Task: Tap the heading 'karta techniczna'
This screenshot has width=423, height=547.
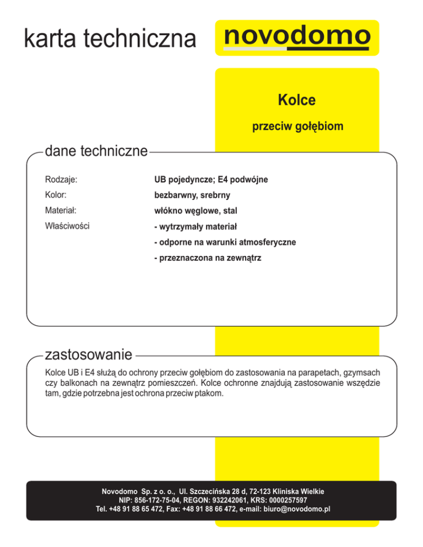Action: tap(110, 39)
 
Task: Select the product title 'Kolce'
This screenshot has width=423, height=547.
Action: tap(296, 101)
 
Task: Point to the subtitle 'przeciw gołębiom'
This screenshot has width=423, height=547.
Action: tap(297, 127)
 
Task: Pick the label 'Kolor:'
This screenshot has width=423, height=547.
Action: tap(56, 195)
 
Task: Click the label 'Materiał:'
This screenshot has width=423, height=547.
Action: tap(60, 210)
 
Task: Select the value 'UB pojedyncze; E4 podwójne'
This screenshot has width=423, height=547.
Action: tap(211, 179)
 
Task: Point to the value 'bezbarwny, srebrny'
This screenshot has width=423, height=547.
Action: tap(192, 195)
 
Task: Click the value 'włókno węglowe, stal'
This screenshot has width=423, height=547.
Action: tap(196, 211)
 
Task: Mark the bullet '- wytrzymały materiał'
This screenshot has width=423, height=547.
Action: tap(196, 226)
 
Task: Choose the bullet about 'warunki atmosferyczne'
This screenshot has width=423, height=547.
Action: tap(225, 242)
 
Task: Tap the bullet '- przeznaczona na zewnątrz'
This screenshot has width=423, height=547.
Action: tap(208, 257)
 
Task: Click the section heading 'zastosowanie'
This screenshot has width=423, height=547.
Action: tap(89, 352)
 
